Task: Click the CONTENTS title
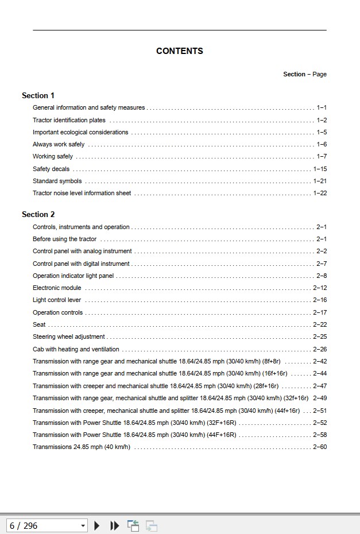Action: [179, 51]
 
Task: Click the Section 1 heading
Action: [38, 95]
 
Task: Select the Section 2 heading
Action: [38, 215]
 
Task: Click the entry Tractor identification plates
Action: [69, 120]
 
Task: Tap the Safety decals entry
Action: [51, 169]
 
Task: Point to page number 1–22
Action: [320, 194]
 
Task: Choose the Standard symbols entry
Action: [57, 181]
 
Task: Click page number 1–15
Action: [320, 169]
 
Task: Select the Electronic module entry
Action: [57, 288]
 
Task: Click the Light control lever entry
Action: [57, 300]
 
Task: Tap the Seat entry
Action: [39, 325]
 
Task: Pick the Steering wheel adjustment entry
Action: [68, 337]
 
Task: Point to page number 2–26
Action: [320, 349]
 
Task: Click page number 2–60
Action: [320, 447]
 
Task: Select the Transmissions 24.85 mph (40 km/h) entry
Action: [81, 447]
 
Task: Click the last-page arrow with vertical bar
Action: [115, 525]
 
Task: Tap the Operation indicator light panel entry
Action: [73, 276]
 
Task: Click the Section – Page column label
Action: [304, 74]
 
